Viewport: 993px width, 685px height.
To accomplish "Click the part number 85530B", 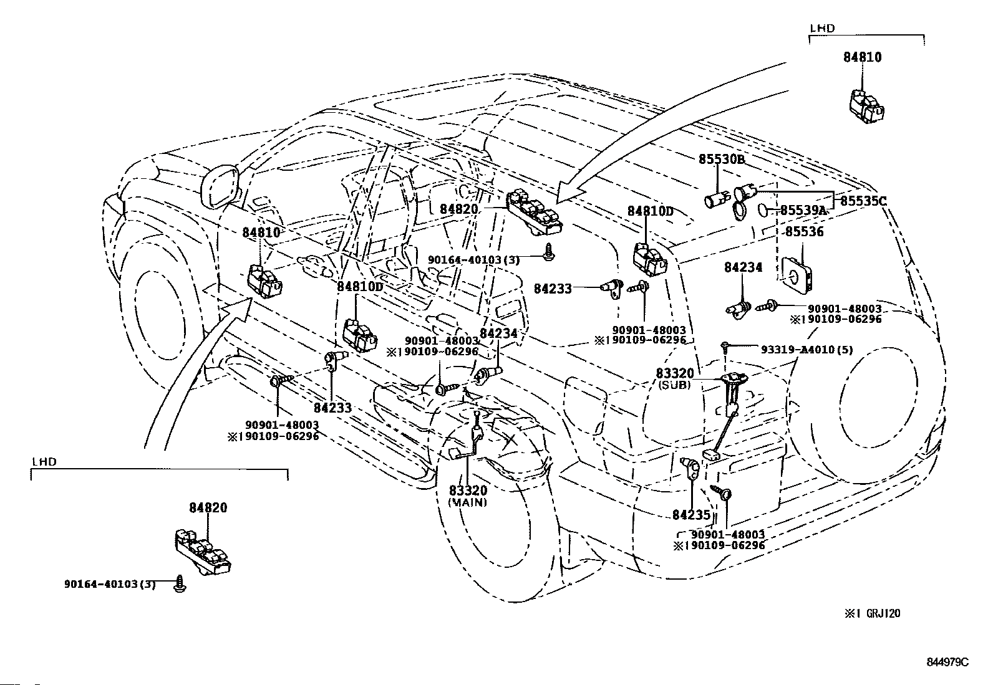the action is coord(722,159).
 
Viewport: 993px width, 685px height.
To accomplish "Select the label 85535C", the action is coord(863,201).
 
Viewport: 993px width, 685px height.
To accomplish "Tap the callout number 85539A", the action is coord(803,210).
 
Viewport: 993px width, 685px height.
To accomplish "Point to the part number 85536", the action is coord(804,232).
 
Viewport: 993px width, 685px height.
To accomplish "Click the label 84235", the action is coord(692,514).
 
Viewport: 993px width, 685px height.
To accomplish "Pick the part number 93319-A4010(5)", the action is coord(807,350).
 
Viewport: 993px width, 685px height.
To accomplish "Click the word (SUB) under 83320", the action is coord(674,385).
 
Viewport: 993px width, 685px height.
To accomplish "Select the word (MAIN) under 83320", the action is coord(468,502).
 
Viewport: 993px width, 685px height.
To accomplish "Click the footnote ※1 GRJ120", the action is coord(872,613).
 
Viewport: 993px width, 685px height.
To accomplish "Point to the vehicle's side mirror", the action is coord(219,187).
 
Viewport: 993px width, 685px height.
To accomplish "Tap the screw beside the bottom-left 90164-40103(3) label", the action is coord(180,583).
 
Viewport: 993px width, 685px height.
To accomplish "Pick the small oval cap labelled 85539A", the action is coord(763,209).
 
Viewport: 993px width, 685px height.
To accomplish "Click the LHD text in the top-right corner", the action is coord(822,29).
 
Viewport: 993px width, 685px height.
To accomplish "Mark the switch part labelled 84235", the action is coord(690,468).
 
